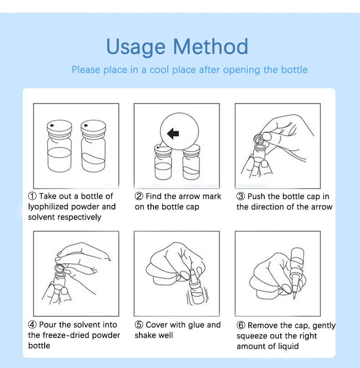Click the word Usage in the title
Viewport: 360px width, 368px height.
(x=136, y=47)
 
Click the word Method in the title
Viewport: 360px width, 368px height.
(x=211, y=46)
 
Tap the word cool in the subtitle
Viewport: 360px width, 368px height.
(x=159, y=70)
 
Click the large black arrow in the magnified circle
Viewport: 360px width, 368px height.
(x=173, y=133)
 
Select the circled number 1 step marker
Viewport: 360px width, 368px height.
(x=32, y=196)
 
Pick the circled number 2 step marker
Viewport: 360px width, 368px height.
(x=139, y=196)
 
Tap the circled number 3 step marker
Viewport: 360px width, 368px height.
(x=241, y=196)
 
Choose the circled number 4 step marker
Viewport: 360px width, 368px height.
(x=32, y=325)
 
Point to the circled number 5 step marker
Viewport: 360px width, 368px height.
(x=139, y=325)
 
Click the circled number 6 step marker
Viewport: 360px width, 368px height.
(x=241, y=325)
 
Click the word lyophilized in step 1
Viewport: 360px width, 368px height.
(x=48, y=207)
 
